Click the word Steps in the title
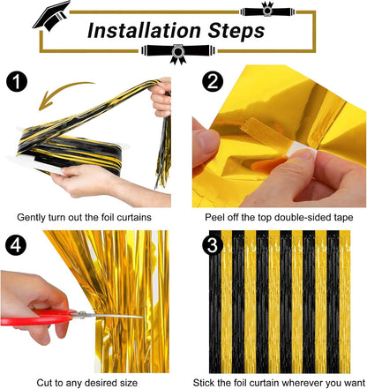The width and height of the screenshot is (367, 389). (x=232, y=33)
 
